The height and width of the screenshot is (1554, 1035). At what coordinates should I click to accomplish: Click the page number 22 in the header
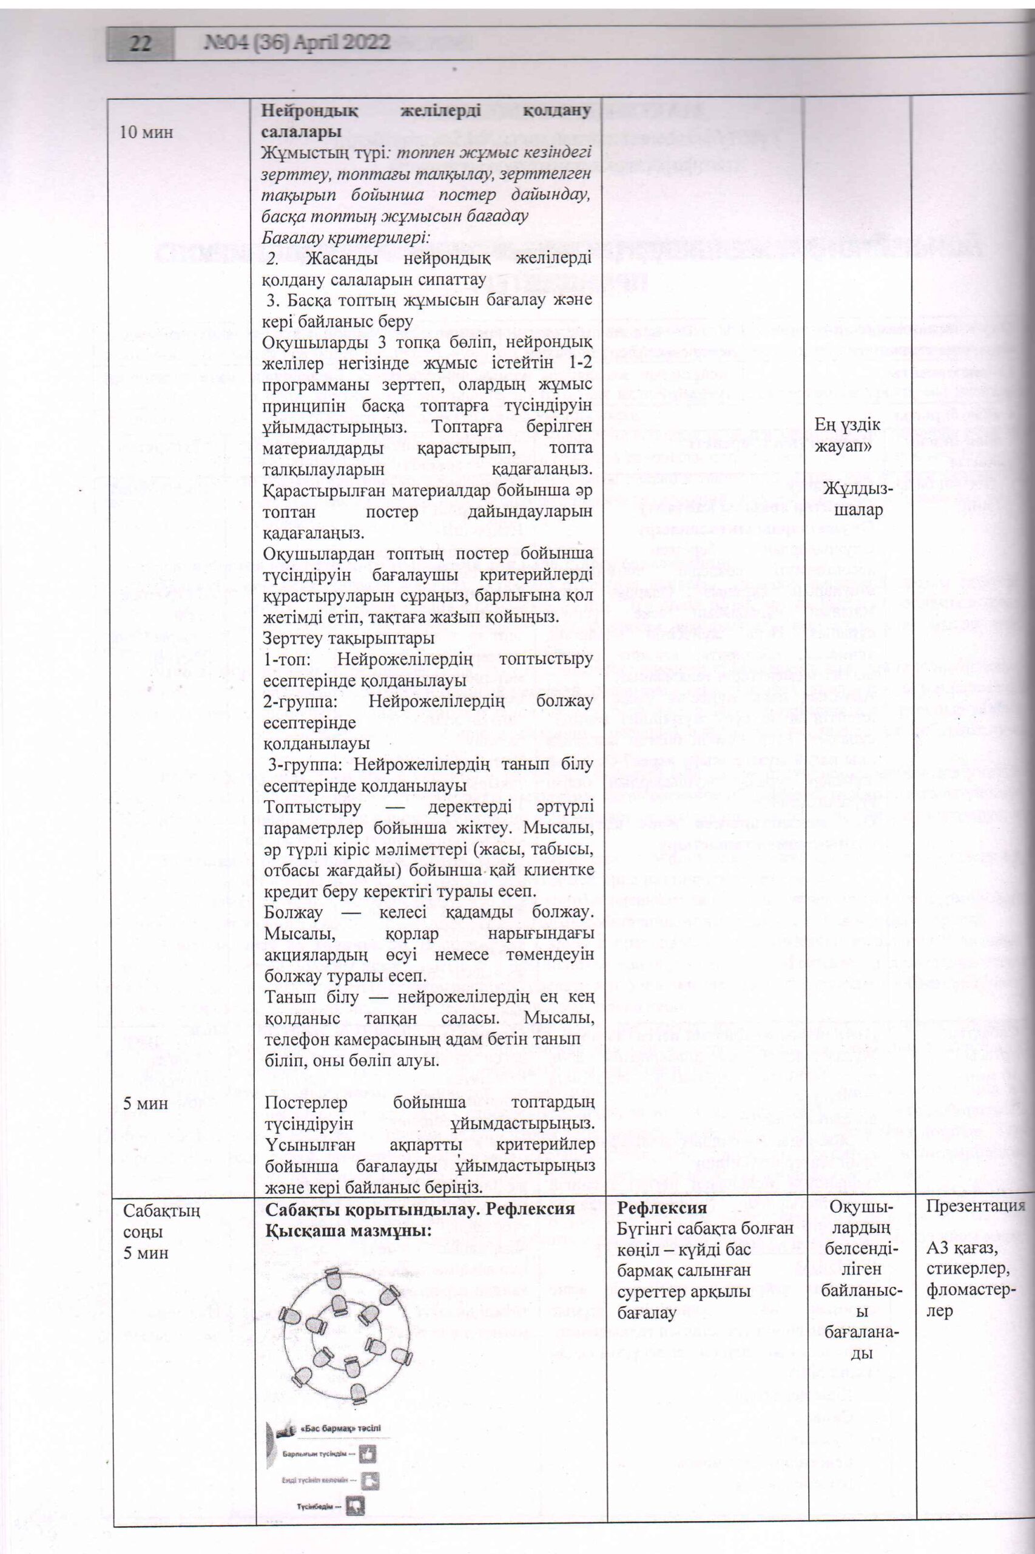tap(141, 44)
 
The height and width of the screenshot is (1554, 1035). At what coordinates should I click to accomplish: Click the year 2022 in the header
tap(363, 44)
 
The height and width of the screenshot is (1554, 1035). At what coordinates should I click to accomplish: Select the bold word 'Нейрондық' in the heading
tap(311, 110)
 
